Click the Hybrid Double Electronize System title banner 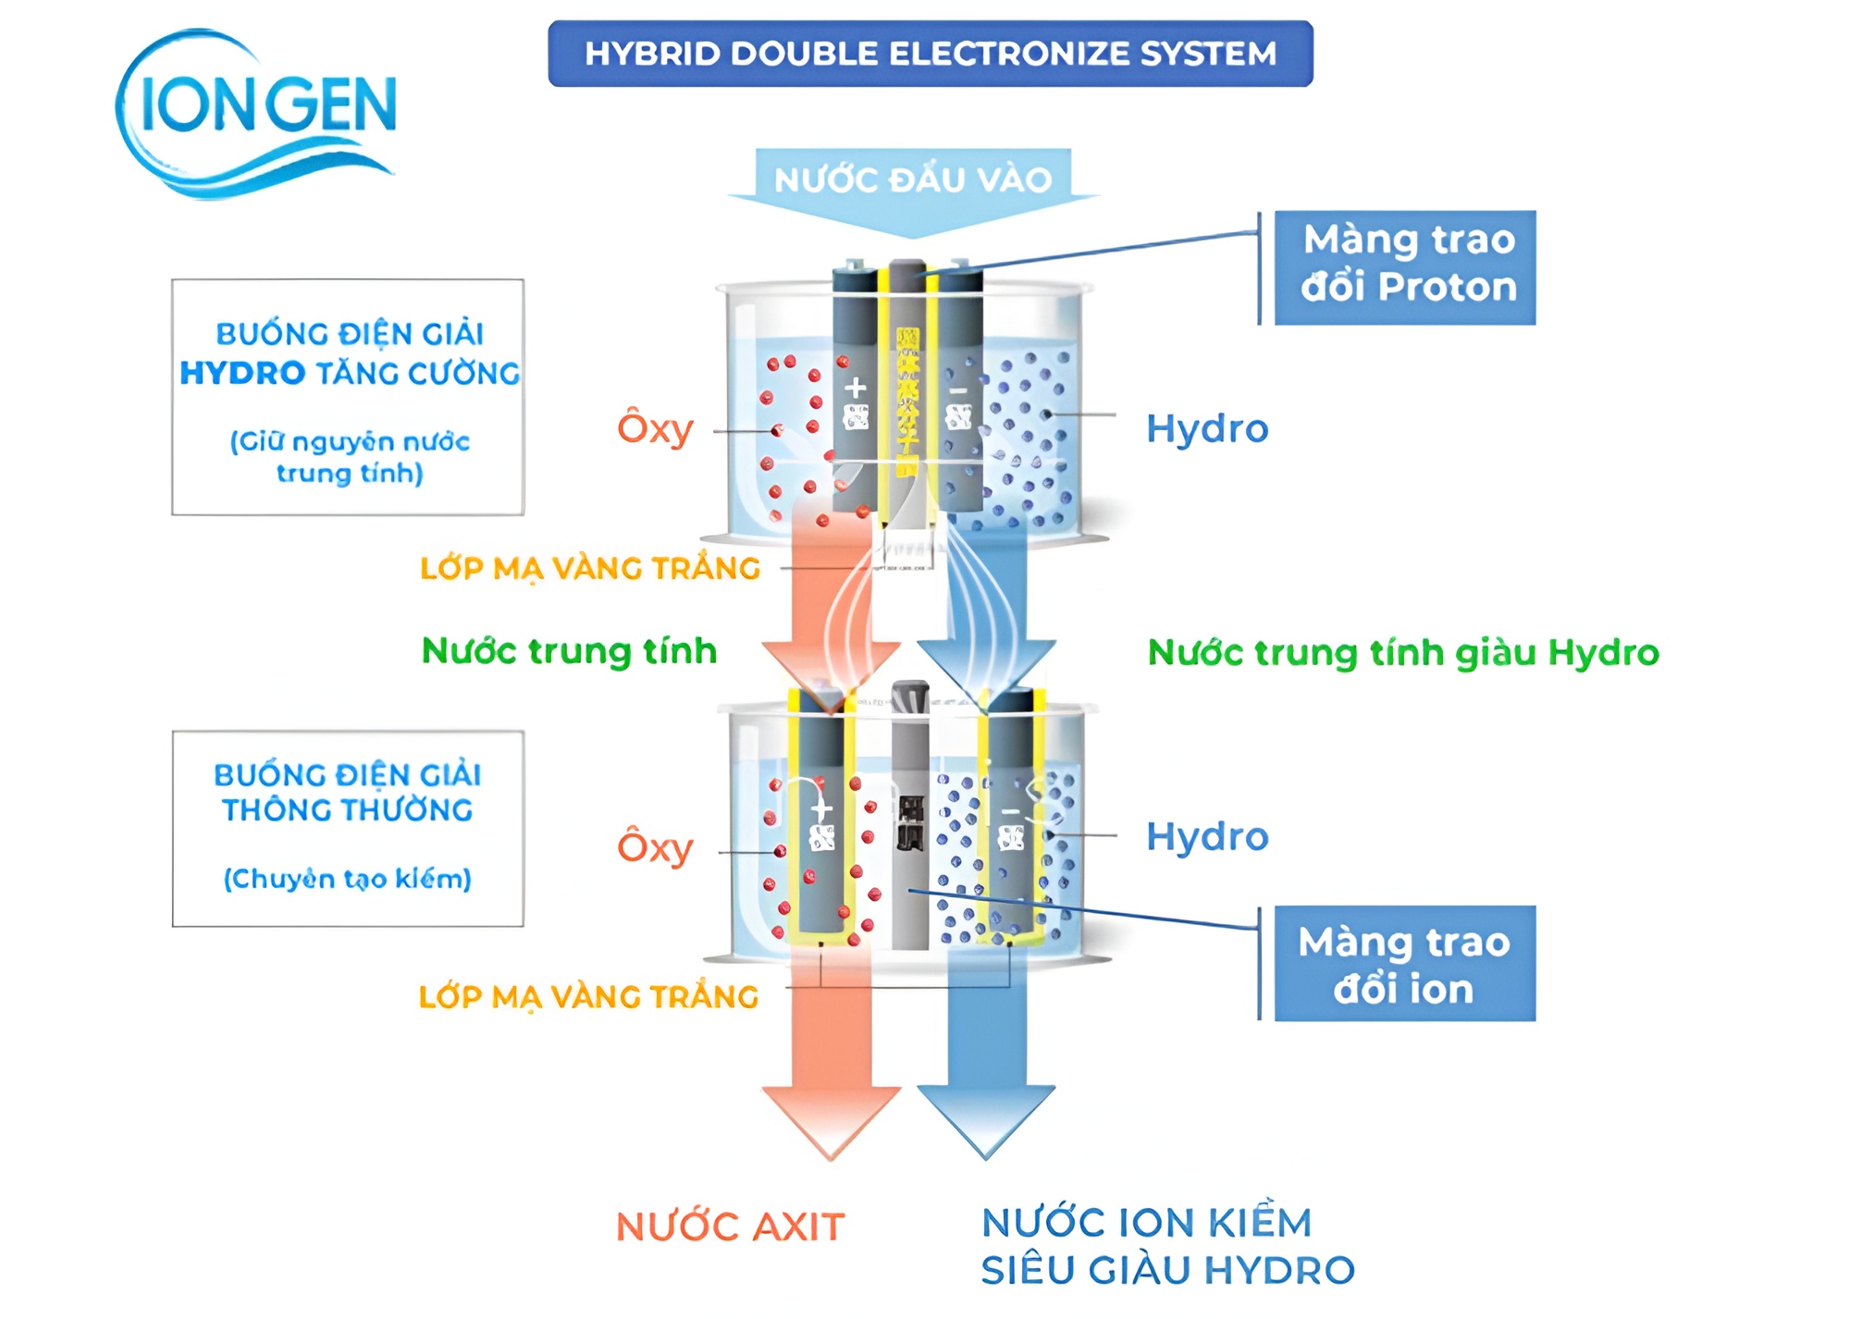tap(930, 54)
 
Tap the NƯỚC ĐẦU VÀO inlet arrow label tap(913, 179)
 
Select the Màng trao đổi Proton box tap(1405, 267)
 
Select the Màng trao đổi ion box tap(1405, 964)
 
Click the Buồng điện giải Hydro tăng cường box tap(348, 397)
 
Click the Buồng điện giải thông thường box tap(348, 828)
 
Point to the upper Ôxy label tap(655, 428)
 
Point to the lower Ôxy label tap(655, 846)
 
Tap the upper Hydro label tap(1207, 428)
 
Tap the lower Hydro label tap(1207, 836)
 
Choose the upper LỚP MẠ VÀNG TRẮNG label tap(590, 568)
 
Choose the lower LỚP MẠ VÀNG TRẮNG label tap(588, 996)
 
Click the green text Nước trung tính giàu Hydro tap(1403, 652)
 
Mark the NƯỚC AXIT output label tap(731, 1227)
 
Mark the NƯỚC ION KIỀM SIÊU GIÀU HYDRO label tap(1167, 1246)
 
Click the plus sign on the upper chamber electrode tap(856, 387)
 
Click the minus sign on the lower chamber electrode tap(1011, 812)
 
